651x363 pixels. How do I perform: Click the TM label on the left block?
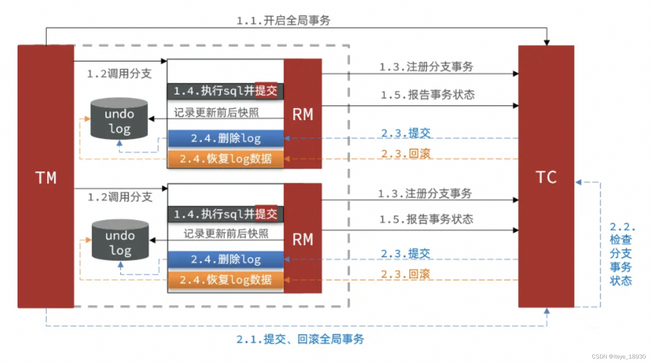pos(46,178)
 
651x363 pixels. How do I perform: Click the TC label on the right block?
pos(546,177)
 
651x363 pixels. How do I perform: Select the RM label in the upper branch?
pos(303,114)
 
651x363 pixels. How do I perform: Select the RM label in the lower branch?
pos(303,239)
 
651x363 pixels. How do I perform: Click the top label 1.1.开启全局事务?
pos(283,20)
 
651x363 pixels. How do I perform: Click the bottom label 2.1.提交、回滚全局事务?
pos(300,339)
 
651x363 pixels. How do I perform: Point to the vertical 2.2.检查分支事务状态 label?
pos(621,254)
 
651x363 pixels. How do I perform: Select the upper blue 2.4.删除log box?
pos(226,138)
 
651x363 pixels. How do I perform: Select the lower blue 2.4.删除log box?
pos(226,259)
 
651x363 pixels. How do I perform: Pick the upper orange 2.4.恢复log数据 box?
pos(226,159)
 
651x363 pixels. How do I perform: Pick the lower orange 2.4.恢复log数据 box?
pos(226,280)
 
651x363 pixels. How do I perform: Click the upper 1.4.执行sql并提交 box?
pos(225,91)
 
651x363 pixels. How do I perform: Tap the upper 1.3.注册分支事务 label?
pos(426,67)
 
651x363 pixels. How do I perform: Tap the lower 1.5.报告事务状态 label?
pos(426,219)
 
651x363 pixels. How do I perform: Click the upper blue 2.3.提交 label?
pos(406,133)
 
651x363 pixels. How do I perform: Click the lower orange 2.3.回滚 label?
pos(405,274)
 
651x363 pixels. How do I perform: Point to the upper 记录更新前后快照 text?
pos(216,112)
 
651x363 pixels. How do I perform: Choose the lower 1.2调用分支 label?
pos(120,197)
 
